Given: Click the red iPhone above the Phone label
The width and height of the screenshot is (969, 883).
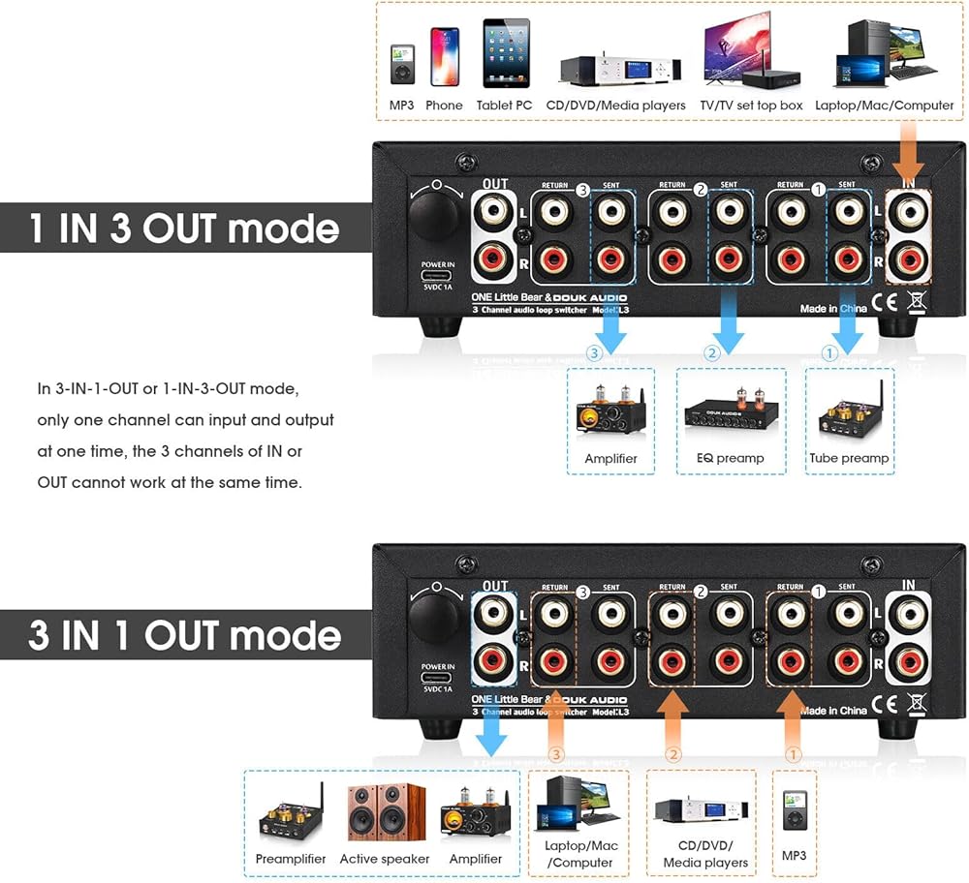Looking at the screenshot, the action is [445, 56].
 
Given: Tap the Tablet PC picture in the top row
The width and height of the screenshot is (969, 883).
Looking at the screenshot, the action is [505, 53].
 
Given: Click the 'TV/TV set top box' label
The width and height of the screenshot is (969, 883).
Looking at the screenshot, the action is [752, 106].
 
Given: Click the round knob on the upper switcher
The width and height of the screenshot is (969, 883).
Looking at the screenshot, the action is [434, 214].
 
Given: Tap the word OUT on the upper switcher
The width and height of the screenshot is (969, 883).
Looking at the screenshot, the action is [494, 184].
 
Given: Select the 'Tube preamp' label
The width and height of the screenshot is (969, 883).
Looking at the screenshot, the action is [849, 458].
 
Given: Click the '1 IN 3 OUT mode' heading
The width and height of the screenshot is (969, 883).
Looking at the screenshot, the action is [184, 228].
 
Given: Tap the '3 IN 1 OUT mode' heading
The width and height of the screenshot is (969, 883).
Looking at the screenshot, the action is [184, 635].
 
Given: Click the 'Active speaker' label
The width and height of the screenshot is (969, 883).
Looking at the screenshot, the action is [385, 859].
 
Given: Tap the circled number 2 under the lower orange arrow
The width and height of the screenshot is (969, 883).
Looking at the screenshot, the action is [672, 753].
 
